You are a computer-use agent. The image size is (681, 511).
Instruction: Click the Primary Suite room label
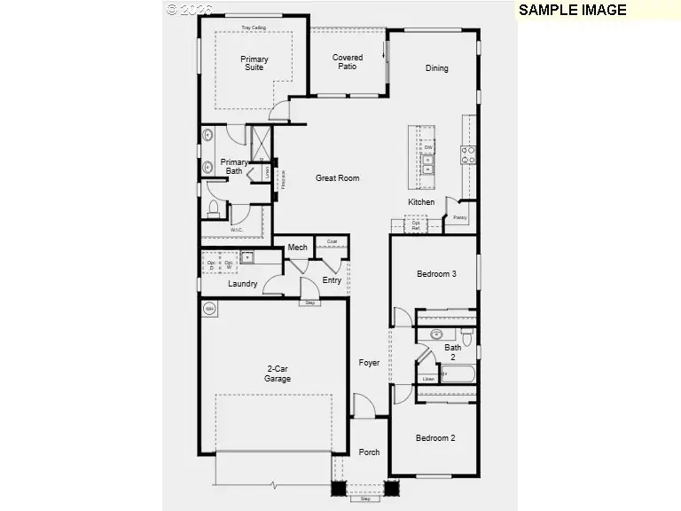point(254,65)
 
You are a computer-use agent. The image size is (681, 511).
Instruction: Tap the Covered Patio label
point(348,62)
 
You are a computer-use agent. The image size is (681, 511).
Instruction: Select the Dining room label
point(436,68)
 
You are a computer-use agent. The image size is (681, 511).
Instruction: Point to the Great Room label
point(338,178)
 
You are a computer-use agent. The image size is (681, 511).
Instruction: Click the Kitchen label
point(421,202)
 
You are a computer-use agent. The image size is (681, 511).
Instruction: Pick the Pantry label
point(460,216)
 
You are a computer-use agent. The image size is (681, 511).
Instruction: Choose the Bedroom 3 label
point(436,274)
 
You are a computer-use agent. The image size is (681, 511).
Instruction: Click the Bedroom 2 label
point(435,438)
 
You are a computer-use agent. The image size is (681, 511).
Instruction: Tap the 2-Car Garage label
point(278,373)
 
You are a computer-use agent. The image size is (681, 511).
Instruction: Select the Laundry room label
point(242,284)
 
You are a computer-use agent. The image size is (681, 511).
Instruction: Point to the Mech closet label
point(297,248)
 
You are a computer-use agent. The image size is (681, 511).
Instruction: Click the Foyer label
point(369,363)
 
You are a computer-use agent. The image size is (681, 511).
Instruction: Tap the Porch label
point(369,452)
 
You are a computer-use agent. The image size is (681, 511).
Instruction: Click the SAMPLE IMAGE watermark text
point(572,11)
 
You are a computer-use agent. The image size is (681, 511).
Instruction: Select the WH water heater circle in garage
point(210,309)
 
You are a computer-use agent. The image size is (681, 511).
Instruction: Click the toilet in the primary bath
point(213,209)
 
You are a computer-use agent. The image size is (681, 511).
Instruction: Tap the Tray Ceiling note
point(253,28)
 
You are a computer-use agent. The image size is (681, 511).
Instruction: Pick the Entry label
point(332,280)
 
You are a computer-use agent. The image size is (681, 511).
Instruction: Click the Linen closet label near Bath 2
point(428,379)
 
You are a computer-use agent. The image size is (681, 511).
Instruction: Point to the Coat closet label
point(332,241)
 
